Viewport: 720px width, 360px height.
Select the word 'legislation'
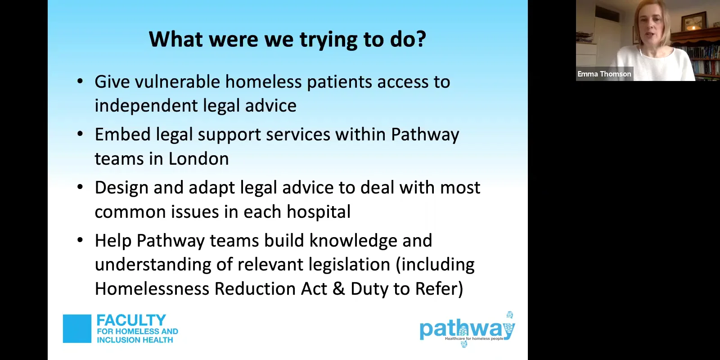[x=347, y=265]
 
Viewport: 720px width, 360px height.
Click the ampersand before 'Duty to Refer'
[x=338, y=289]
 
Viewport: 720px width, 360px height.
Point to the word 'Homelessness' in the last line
[x=152, y=289]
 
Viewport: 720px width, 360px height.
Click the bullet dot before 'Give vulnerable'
[x=80, y=82]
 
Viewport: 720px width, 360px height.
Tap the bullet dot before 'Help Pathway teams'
[x=80, y=241]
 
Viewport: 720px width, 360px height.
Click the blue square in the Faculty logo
[x=77, y=328]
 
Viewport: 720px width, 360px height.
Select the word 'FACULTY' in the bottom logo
[x=131, y=320]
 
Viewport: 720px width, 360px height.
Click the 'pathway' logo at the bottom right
[x=467, y=329]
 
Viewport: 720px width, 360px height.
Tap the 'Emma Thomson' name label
[x=604, y=74]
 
